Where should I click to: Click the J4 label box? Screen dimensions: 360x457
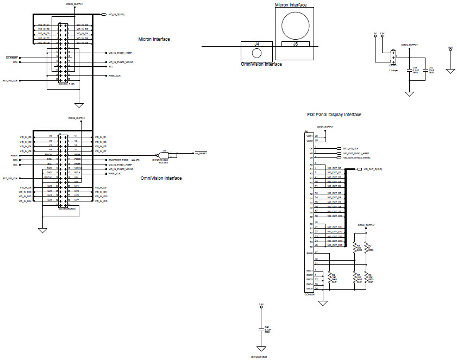coord(256,43)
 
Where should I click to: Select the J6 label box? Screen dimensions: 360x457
coord(295,44)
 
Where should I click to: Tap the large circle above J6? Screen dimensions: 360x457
coord(296,23)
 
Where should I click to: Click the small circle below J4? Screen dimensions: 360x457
coord(256,53)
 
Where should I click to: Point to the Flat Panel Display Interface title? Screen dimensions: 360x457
coord(334,115)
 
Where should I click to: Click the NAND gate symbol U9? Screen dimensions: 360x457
coord(161,153)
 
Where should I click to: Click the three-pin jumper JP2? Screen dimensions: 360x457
coord(393,56)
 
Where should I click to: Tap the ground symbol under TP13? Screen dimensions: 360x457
coord(450,70)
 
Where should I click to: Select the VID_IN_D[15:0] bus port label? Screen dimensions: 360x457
coord(116,14)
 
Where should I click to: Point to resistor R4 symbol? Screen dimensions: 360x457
coord(355,248)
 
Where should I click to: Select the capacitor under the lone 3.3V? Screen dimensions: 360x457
coord(261,329)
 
